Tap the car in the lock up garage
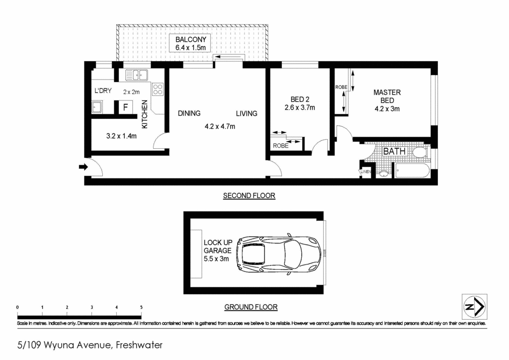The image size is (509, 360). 278,253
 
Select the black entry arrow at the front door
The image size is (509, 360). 83,168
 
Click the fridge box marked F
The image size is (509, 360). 125,107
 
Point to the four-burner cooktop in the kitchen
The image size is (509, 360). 158,90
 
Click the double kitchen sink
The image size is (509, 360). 136,75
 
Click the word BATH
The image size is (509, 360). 394,151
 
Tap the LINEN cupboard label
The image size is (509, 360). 366,172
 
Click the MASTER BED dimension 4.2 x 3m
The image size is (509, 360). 387,108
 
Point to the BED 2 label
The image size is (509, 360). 300,99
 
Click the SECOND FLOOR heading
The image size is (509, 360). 249,196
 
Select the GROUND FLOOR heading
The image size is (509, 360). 251,307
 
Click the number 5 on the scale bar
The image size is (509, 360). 141,308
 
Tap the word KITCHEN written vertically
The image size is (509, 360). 145,114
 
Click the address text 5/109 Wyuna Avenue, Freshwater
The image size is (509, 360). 90,344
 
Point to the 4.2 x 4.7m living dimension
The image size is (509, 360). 220,126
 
